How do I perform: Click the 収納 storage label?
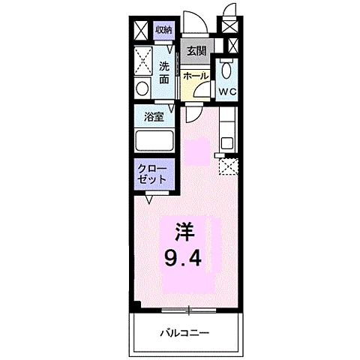click(164, 30)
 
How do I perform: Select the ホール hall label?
click(196, 76)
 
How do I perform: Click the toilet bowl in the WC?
click(226, 72)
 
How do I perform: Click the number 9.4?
click(184, 259)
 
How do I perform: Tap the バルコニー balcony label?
click(184, 333)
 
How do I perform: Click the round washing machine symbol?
click(142, 88)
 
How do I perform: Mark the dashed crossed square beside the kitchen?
click(228, 166)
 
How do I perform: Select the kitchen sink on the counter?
click(228, 139)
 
